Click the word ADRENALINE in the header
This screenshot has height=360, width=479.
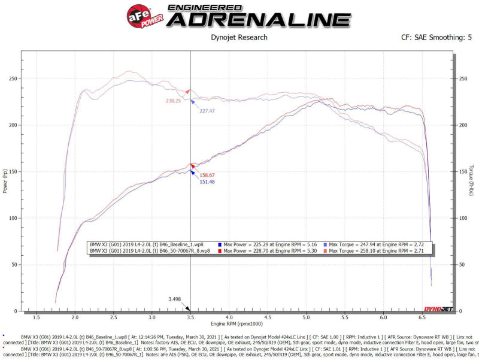click(258, 19)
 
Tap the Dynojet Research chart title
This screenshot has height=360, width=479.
click(239, 38)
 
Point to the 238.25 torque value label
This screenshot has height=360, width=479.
click(174, 101)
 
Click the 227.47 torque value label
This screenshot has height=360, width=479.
click(207, 111)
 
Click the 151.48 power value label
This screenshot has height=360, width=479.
click(207, 182)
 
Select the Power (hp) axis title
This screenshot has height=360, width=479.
click(5, 181)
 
